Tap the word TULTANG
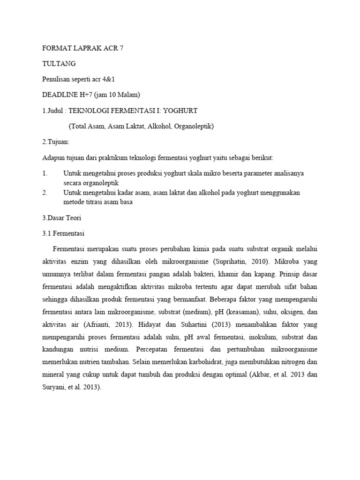point(59,64)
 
